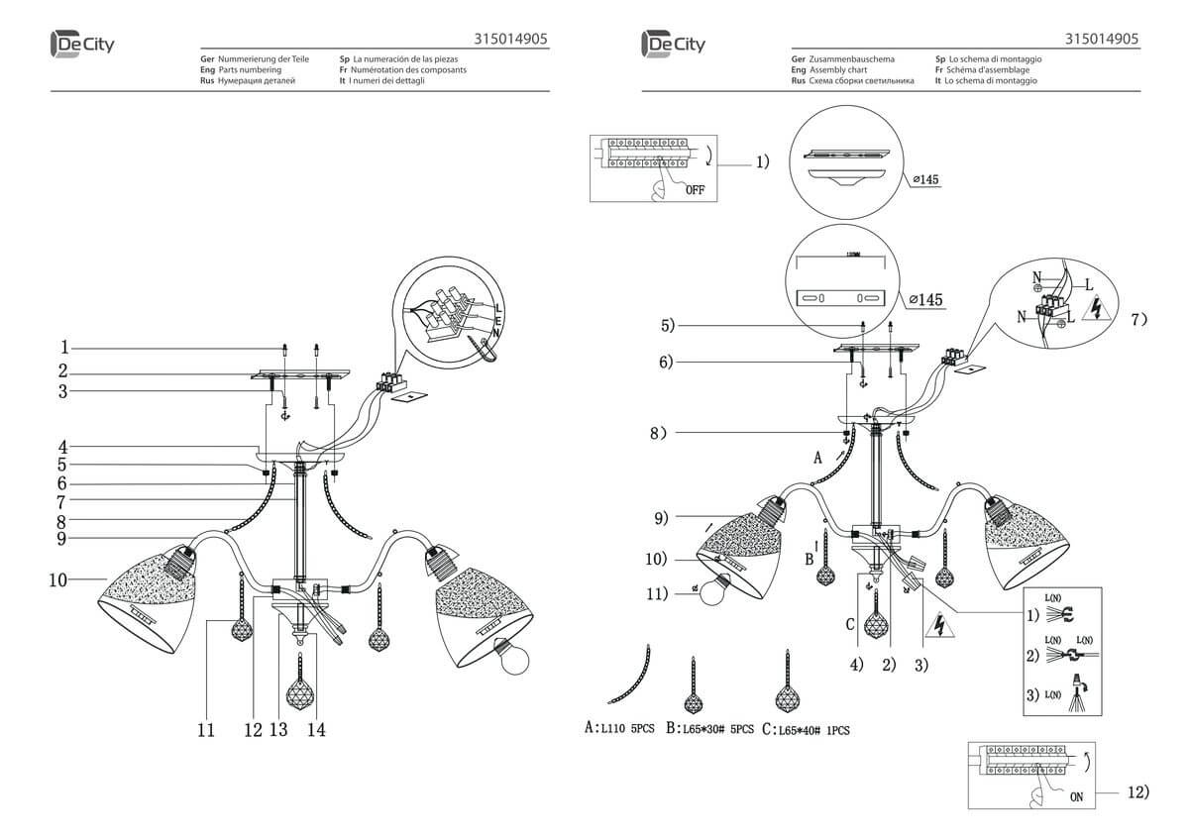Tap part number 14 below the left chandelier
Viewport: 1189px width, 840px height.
tap(317, 730)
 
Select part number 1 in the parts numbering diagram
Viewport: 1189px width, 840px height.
tap(63, 348)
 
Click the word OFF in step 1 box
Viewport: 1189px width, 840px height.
tap(694, 190)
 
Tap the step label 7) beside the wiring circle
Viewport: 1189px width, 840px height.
tap(1138, 319)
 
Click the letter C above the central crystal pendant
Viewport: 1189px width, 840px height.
tap(850, 623)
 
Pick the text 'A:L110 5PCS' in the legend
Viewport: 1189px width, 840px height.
tap(620, 729)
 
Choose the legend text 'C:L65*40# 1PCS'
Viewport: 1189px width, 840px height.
tap(807, 730)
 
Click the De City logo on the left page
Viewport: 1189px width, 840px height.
tap(81, 44)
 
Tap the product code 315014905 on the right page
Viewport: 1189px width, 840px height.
tap(1101, 40)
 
